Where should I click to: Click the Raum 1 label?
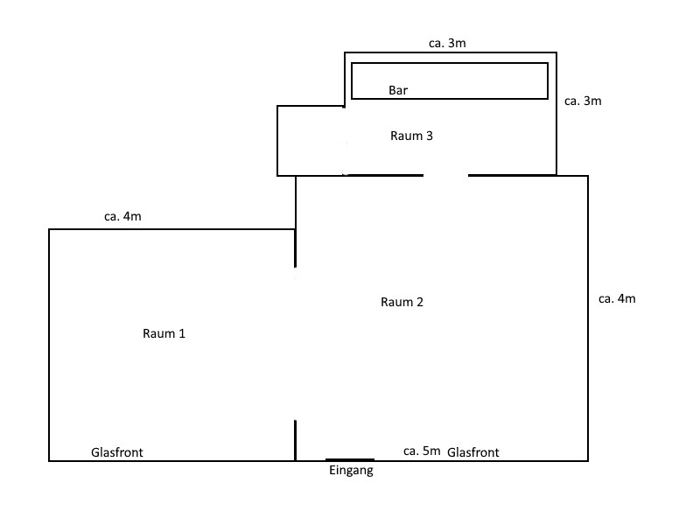164,333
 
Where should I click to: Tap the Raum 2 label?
402,303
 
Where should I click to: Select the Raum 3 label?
411,136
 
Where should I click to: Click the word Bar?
398,90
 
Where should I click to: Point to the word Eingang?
351,471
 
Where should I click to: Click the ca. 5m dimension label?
421,451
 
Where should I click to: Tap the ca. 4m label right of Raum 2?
617,299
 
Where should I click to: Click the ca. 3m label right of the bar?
583,101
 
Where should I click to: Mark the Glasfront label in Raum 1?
117,452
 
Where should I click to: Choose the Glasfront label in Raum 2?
473,452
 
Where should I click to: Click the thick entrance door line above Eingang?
350,459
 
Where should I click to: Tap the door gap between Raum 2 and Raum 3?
446,175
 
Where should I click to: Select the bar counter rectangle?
450,80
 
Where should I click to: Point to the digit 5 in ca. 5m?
425,451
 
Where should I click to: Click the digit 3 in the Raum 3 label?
430,136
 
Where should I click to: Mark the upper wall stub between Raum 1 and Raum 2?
296,248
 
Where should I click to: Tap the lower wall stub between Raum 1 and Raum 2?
296,440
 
